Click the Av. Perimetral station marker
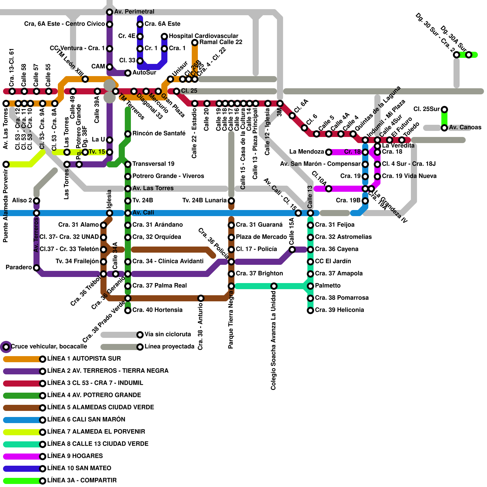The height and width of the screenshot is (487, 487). pyautogui.click(x=110, y=12)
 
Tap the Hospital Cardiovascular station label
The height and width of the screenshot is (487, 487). pyautogui.click(x=203, y=36)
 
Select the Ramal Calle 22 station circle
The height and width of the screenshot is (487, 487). pyautogui.click(x=195, y=43)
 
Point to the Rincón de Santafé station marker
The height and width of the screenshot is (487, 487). pyautogui.click(x=128, y=134)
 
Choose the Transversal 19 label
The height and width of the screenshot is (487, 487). pyautogui.click(x=153, y=164)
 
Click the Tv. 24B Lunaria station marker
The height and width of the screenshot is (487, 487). pyautogui.click(x=231, y=201)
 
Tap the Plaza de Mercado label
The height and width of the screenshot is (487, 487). pyautogui.click(x=261, y=237)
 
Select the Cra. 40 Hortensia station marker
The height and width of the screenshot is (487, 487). pyautogui.click(x=128, y=310)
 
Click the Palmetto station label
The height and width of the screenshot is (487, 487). pyautogui.click(x=328, y=286)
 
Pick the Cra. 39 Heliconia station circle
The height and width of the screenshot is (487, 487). pyautogui.click(x=310, y=310)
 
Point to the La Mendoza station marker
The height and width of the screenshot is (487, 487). pyautogui.click(x=329, y=152)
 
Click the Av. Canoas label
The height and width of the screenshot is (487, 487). pyautogui.click(x=465, y=127)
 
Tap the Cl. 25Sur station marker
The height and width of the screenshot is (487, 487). pyautogui.click(x=444, y=110)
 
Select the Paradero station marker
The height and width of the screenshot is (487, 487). pyautogui.click(x=37, y=268)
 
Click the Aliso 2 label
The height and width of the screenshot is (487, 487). pyautogui.click(x=22, y=200)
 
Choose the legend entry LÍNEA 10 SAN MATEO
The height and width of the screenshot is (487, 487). pyautogui.click(x=79, y=468)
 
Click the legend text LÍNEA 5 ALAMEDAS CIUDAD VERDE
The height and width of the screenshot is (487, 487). pyautogui.click(x=100, y=407)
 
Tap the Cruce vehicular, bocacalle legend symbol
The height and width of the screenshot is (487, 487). pyautogui.click(x=6, y=347)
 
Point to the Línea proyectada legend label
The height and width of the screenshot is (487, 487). pyautogui.click(x=169, y=346)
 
